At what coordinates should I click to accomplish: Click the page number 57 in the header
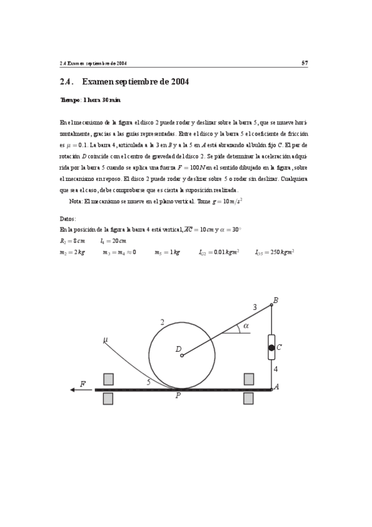click(x=305, y=63)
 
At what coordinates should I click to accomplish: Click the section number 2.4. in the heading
click(x=67, y=81)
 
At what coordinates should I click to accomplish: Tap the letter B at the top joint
click(x=276, y=301)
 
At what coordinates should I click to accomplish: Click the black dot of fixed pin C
click(x=271, y=348)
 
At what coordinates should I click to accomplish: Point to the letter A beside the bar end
click(x=276, y=387)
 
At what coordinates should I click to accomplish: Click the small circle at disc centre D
click(x=181, y=355)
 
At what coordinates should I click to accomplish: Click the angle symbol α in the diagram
click(x=246, y=325)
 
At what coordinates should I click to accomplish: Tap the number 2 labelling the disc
click(x=162, y=322)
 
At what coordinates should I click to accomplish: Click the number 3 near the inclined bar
click(x=255, y=307)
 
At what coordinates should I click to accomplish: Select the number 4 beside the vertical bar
click(x=276, y=369)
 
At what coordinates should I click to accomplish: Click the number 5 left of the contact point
click(x=148, y=383)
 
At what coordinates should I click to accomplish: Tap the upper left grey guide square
click(x=109, y=379)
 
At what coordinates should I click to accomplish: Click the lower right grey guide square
click(x=249, y=398)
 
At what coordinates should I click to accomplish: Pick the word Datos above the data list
click(x=68, y=219)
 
